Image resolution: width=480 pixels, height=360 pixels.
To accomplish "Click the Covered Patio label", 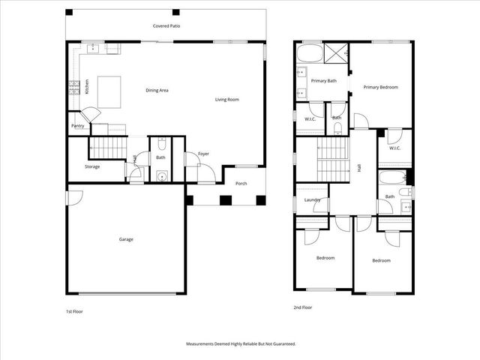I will click(166, 25).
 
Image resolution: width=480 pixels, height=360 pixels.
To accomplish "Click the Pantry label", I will click(77, 126).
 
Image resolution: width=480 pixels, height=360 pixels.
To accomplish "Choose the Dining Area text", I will click(157, 90).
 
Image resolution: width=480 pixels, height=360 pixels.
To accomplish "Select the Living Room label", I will click(227, 99).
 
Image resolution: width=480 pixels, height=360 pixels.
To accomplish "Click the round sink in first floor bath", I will click(161, 177).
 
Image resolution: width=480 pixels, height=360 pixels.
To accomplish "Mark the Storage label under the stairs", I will click(92, 166).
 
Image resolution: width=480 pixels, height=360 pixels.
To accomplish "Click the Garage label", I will click(126, 239).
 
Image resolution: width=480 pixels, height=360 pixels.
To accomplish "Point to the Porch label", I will click(241, 183).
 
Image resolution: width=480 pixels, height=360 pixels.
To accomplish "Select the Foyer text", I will click(203, 154).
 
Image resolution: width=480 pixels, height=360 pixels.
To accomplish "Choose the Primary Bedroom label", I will click(380, 87).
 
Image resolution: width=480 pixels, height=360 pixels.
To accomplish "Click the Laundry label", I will click(313, 199).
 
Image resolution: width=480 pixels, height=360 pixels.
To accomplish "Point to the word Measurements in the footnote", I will click(203, 343).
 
